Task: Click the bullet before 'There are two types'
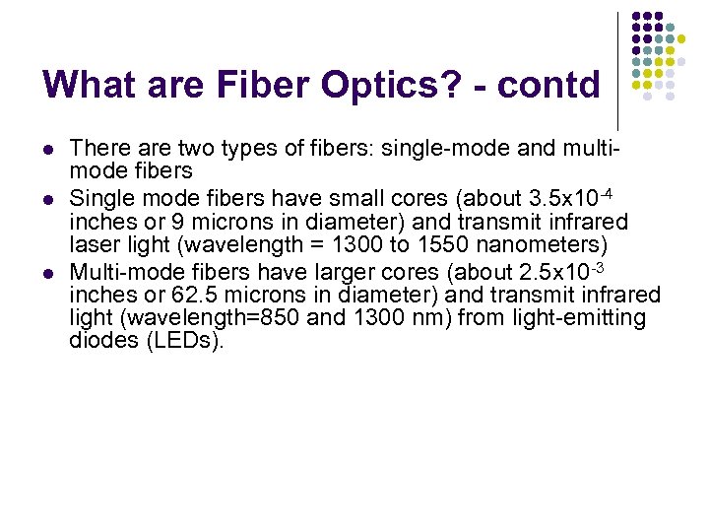[x=48, y=150]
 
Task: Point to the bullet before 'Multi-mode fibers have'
[x=48, y=273]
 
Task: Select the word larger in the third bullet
[x=368, y=272]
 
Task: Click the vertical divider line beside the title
[x=617, y=69]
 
